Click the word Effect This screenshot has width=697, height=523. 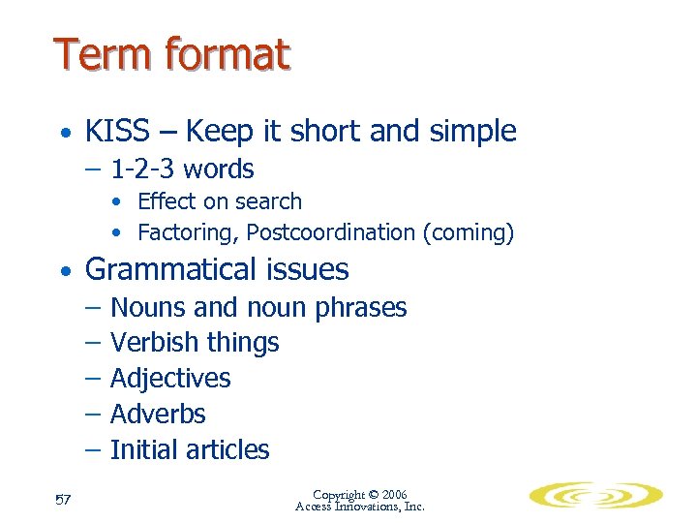[x=166, y=201]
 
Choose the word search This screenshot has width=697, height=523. [x=274, y=201]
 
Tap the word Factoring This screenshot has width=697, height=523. [x=188, y=232]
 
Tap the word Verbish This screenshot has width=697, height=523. [x=150, y=343]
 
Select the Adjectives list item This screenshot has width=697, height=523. [x=170, y=379]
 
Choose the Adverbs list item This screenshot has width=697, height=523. [x=158, y=415]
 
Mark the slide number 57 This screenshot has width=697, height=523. [x=65, y=500]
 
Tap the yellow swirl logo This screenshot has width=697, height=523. [x=594, y=496]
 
